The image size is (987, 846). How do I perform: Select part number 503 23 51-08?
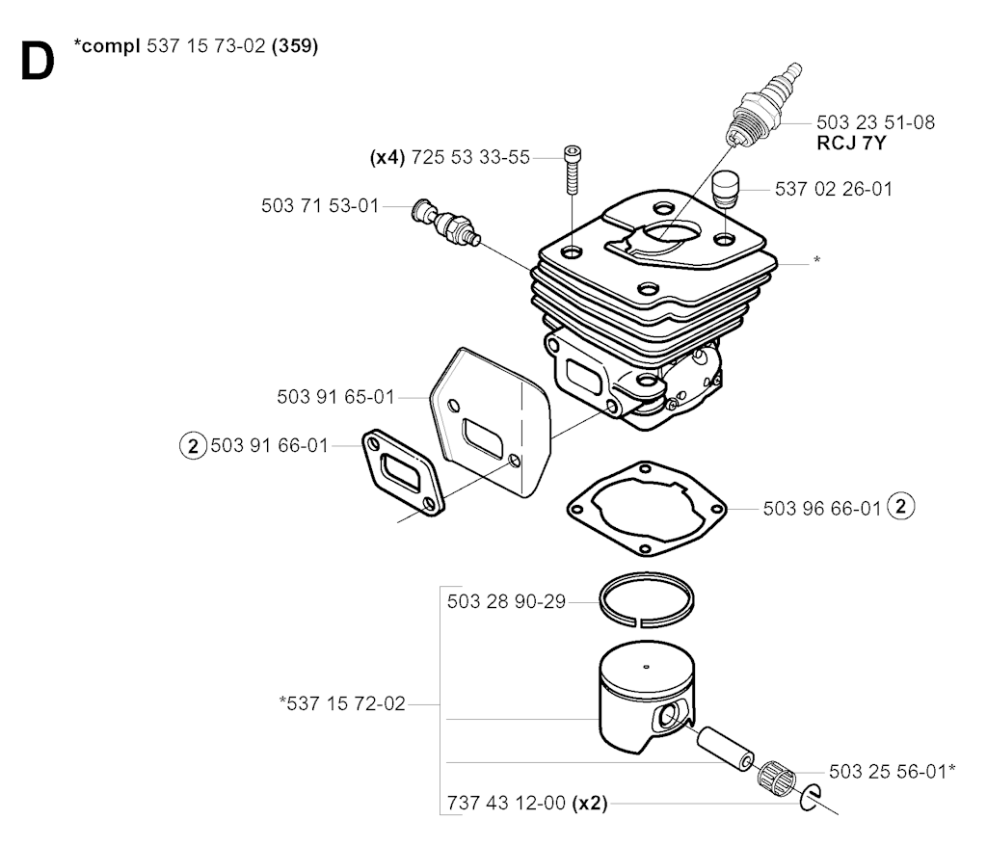(874, 122)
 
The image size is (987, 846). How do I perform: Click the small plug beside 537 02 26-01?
(725, 188)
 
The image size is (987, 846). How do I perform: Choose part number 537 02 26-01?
(834, 190)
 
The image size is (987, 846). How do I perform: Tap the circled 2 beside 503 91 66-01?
(193, 445)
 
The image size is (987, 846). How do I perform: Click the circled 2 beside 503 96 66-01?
(900, 506)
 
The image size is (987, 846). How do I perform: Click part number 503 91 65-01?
(336, 396)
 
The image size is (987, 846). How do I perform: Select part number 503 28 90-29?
(506, 603)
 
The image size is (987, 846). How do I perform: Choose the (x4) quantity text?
(387, 157)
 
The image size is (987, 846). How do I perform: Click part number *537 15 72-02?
(341, 704)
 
